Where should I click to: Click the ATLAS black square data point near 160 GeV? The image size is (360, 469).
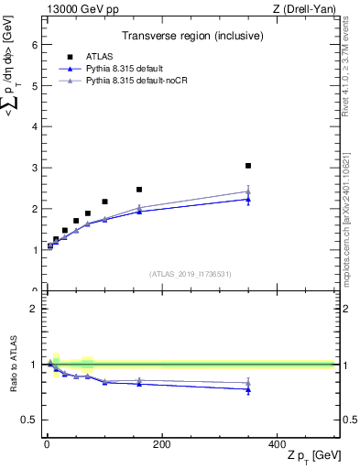139,190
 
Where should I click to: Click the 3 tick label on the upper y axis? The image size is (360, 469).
35,168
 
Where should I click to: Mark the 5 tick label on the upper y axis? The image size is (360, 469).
35,86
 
